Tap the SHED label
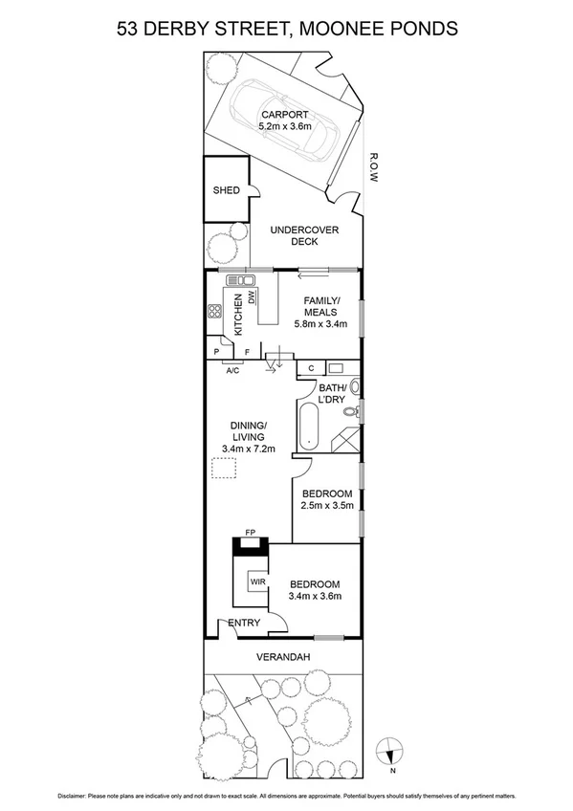tap(226, 190)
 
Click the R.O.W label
tap(375, 168)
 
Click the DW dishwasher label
tap(252, 298)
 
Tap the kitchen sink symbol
tap(240, 280)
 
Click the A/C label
tap(232, 369)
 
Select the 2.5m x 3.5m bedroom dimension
tap(326, 505)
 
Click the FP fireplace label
tap(251, 531)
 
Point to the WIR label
tap(257, 581)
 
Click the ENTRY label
tap(244, 624)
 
